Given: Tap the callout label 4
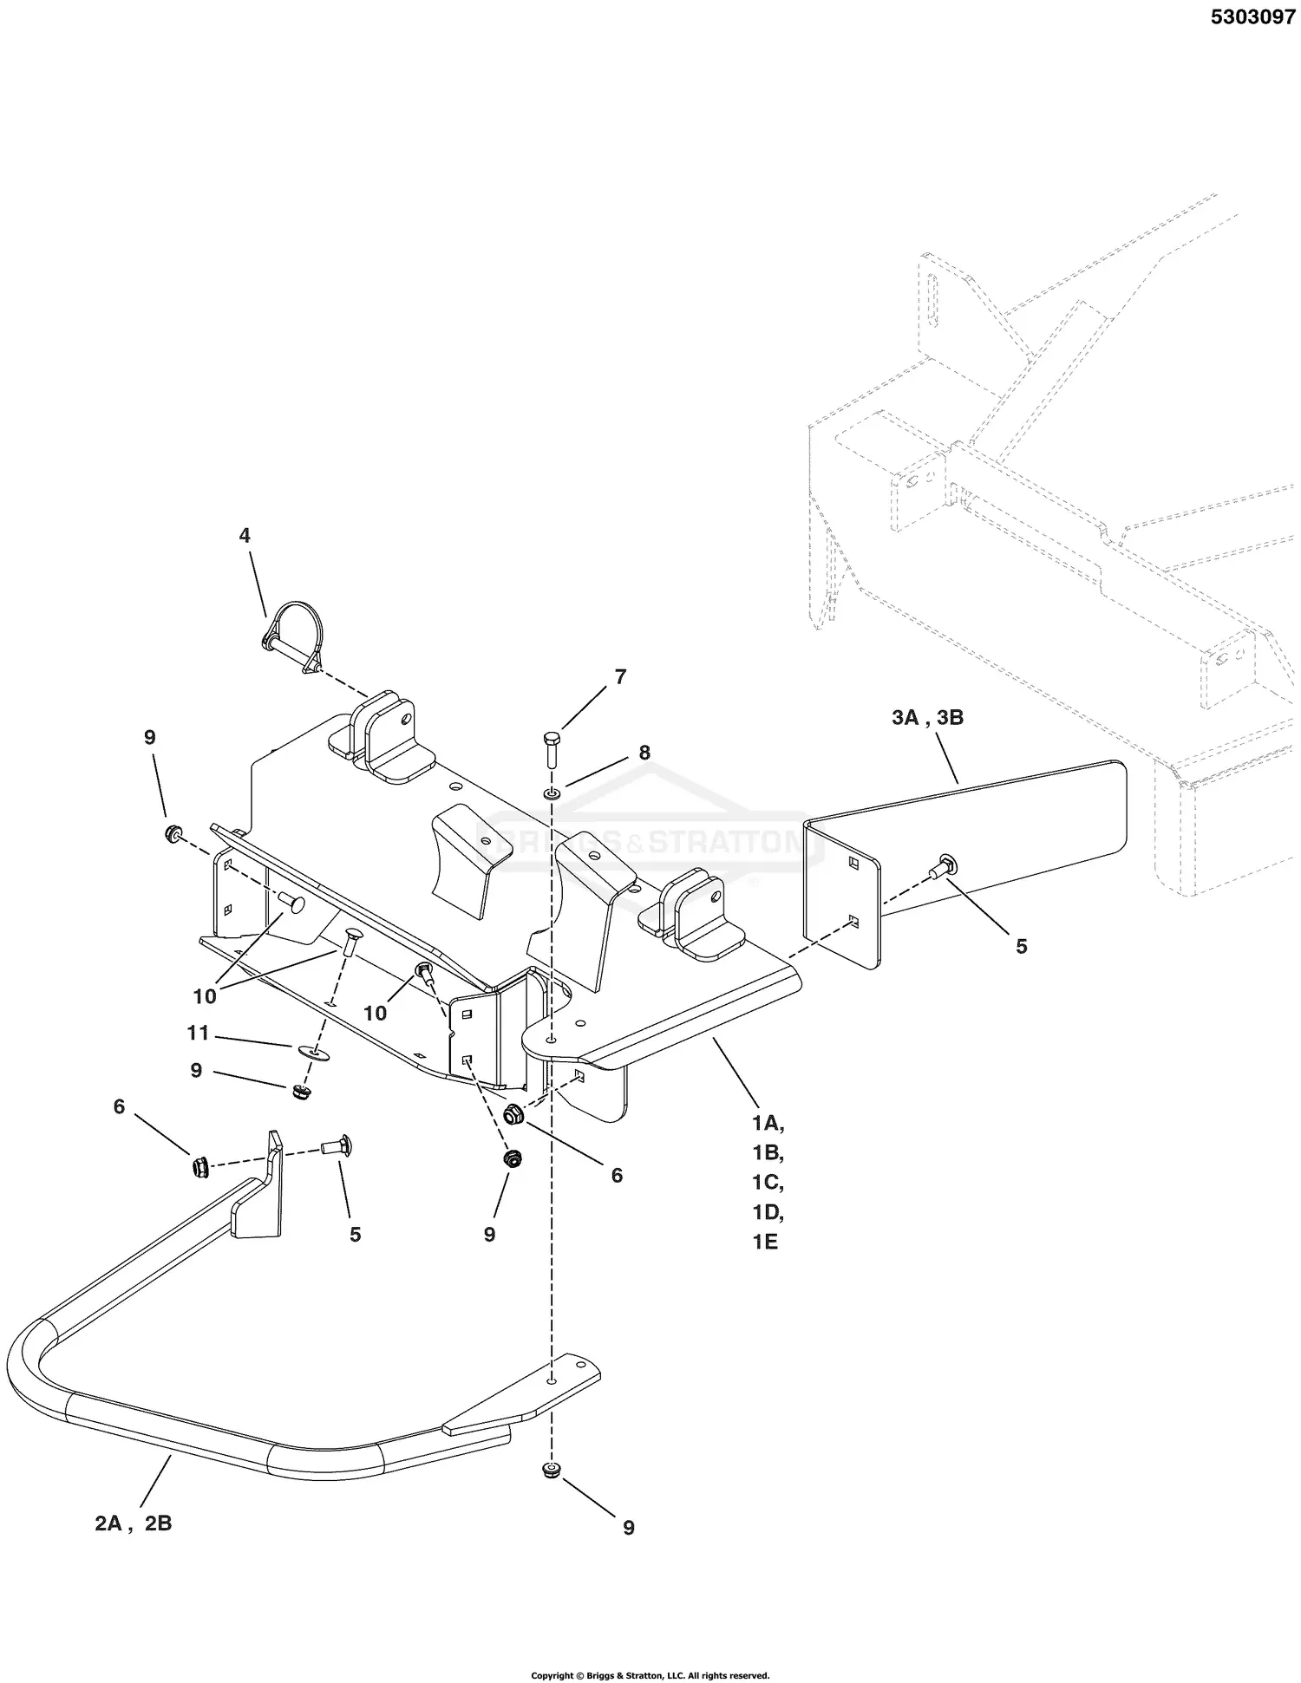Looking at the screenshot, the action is [x=245, y=536].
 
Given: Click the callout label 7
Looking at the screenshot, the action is [x=620, y=677].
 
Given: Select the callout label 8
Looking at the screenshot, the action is [x=644, y=753].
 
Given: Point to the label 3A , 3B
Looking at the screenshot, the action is [x=927, y=718].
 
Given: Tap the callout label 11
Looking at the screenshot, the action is [x=199, y=1034].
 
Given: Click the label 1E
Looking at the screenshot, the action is [x=765, y=1242].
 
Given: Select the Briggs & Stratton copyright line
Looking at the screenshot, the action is [x=650, y=1675].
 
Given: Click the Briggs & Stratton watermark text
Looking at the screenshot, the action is [x=652, y=841].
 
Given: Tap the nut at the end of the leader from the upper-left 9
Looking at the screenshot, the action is [x=173, y=834].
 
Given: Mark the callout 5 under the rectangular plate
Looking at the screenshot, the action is [x=1021, y=946].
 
